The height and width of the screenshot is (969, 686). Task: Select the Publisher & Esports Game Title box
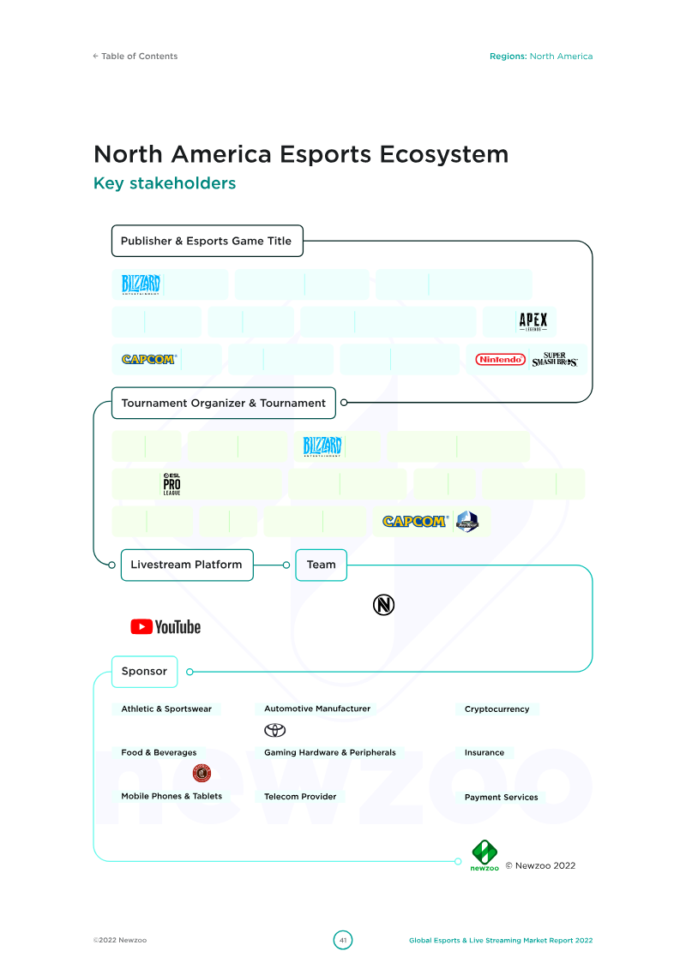(x=208, y=241)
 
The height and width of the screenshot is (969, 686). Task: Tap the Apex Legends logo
(x=533, y=321)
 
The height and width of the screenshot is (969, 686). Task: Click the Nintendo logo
(x=501, y=359)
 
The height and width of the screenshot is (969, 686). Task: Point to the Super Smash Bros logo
(x=554, y=359)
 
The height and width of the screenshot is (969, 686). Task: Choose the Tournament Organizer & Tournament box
(x=223, y=403)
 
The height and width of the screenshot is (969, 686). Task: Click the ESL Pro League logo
(x=172, y=484)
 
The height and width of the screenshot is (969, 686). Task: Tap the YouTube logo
(x=165, y=626)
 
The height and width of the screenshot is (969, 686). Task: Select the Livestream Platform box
(x=187, y=565)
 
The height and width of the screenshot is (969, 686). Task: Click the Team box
(x=321, y=565)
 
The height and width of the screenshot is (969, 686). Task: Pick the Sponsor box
(x=144, y=672)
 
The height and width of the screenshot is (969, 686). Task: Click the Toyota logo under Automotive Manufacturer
(x=274, y=731)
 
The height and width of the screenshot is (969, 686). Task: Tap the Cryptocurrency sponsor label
(x=496, y=709)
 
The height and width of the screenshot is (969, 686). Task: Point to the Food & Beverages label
(x=159, y=753)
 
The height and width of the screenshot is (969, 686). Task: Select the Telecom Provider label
(x=300, y=797)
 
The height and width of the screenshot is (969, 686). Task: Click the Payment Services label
(x=501, y=797)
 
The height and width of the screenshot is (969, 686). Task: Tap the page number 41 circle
(x=343, y=940)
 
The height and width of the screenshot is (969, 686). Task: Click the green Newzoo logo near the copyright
(x=484, y=855)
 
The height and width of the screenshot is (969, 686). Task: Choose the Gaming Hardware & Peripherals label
(x=329, y=753)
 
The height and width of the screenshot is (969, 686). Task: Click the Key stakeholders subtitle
(x=165, y=183)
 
